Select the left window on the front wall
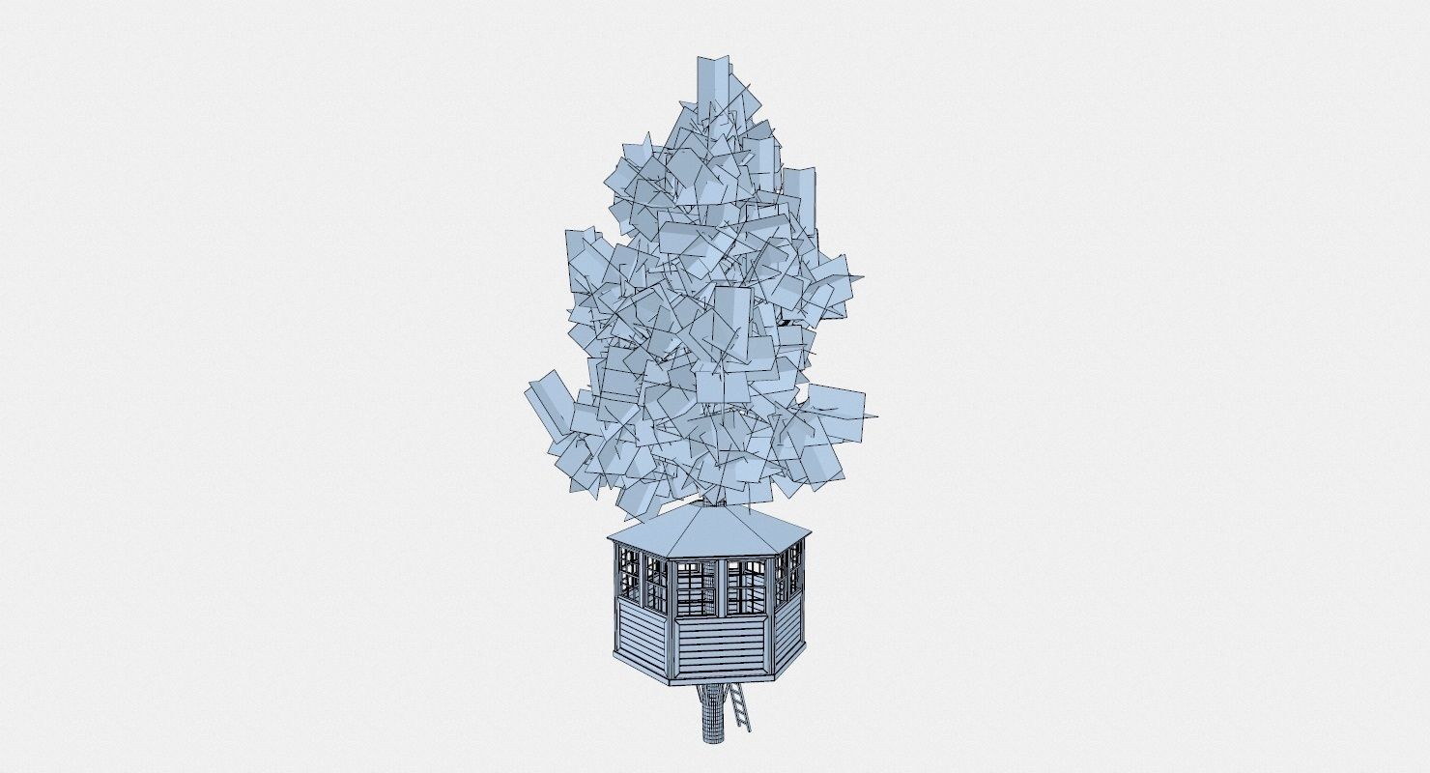click(x=696, y=588)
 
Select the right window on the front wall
click(x=745, y=588)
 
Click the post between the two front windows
click(x=721, y=588)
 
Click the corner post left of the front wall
click(x=672, y=618)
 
